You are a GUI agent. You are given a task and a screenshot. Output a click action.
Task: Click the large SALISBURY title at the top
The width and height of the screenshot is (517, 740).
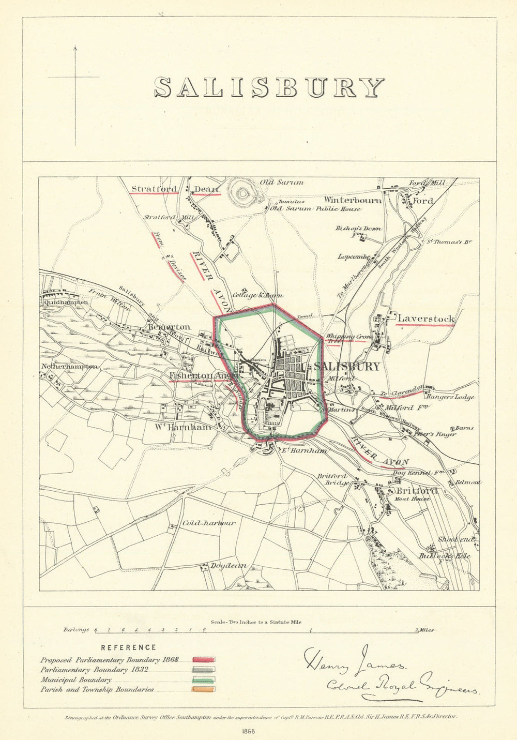(269, 87)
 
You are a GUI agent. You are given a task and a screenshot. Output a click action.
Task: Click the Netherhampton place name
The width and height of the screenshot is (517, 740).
(69, 366)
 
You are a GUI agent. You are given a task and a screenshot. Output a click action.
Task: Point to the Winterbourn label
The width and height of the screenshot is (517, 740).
(353, 200)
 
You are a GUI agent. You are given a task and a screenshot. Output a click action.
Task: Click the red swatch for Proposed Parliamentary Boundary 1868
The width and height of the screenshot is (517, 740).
(204, 660)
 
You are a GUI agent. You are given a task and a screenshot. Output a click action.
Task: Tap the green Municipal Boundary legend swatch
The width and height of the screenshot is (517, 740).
(204, 679)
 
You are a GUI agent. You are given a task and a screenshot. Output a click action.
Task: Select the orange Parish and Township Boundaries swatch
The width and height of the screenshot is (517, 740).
(204, 689)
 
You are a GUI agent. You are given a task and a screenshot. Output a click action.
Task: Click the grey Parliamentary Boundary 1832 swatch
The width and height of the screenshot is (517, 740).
(204, 670)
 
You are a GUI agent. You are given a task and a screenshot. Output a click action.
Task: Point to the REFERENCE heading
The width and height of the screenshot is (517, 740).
(128, 647)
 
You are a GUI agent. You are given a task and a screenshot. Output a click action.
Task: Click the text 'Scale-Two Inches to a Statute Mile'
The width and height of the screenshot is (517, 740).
(255, 623)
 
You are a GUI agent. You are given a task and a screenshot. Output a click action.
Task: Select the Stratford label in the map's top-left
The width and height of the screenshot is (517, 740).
(154, 189)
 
